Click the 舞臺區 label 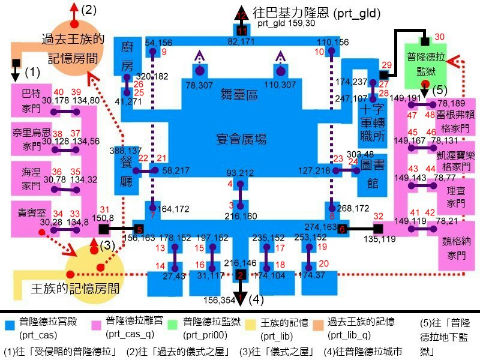coord(239,94)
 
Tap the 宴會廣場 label coord(241,140)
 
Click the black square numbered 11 coord(242,31)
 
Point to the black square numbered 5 coord(139,229)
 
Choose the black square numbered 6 coord(341,229)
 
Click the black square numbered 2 coord(241,275)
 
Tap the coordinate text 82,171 coord(241,41)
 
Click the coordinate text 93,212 coord(241,173)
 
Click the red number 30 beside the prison coord(439,37)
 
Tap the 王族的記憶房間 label coord(74,289)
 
